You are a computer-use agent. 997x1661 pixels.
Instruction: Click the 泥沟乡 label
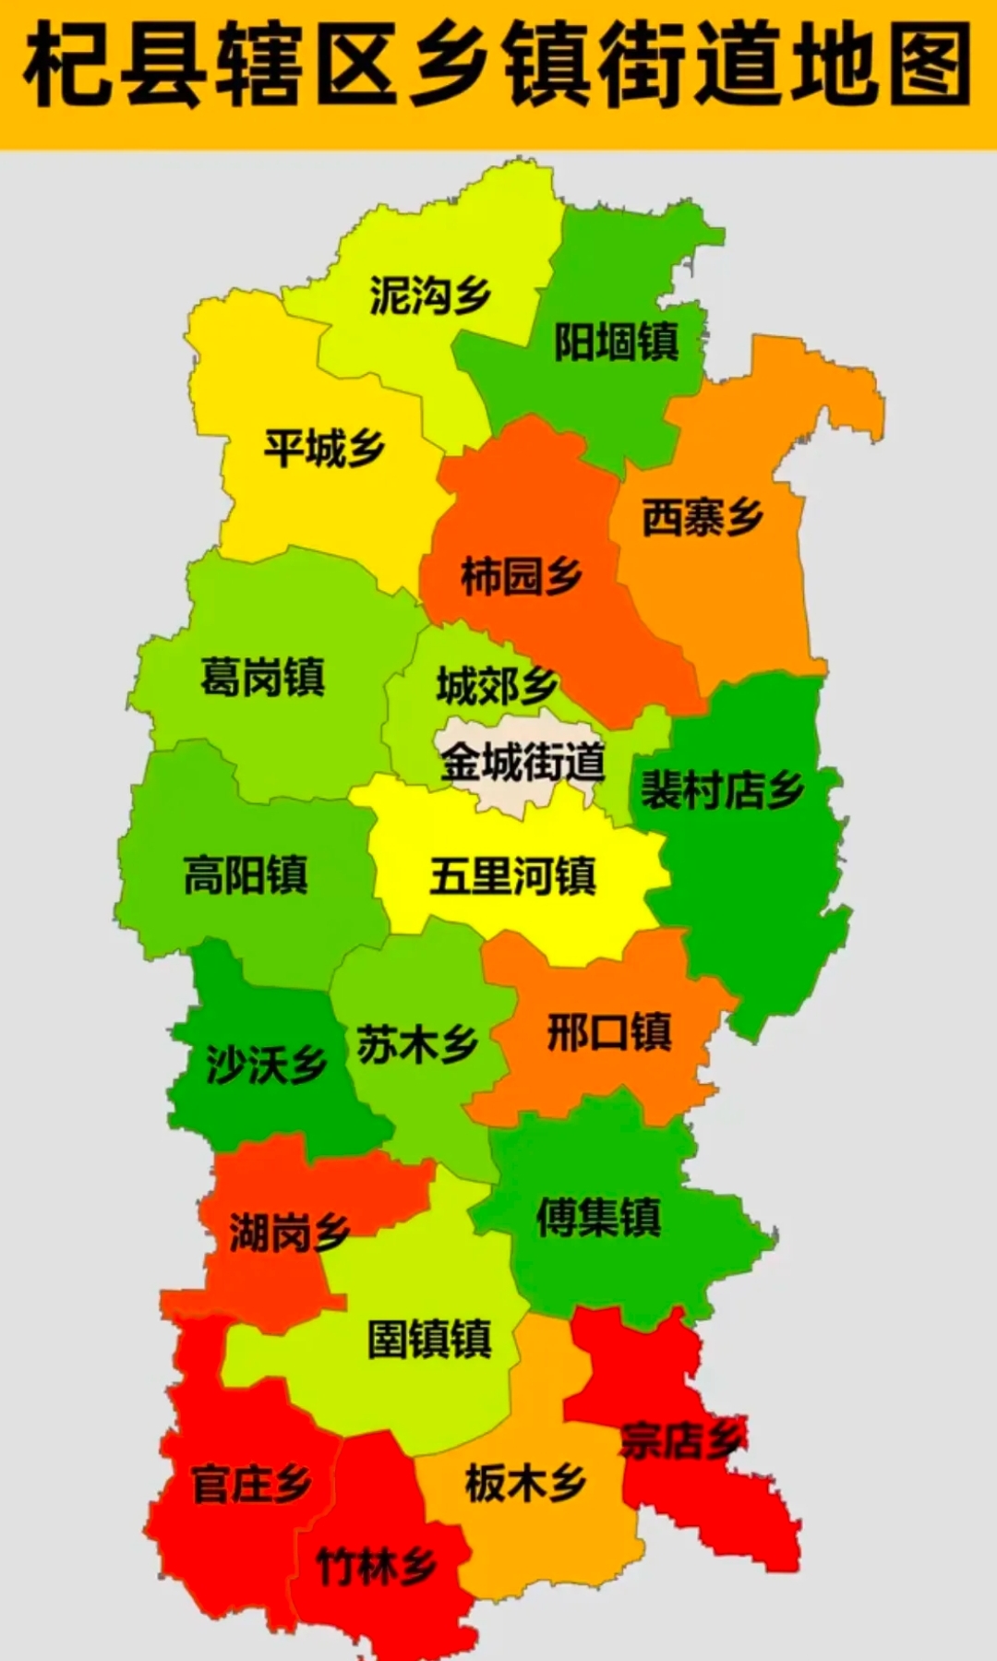pyautogui.click(x=430, y=295)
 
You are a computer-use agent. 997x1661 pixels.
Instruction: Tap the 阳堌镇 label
pyautogui.click(x=617, y=342)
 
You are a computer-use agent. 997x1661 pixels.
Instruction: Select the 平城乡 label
pyautogui.click(x=325, y=448)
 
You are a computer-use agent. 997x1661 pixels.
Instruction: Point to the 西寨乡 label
pyautogui.click(x=703, y=517)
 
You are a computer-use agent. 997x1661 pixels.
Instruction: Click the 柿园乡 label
pyautogui.click(x=522, y=576)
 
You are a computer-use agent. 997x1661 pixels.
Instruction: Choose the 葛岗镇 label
pyautogui.click(x=263, y=677)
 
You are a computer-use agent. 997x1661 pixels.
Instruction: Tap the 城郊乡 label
pyautogui.click(x=497, y=685)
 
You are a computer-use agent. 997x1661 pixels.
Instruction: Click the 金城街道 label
pyautogui.click(x=523, y=762)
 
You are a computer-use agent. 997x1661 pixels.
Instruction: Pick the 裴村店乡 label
pyautogui.click(x=723, y=789)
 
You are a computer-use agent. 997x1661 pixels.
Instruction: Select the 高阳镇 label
pyautogui.click(x=246, y=874)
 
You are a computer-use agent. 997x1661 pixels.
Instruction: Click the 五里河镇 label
pyautogui.click(x=513, y=875)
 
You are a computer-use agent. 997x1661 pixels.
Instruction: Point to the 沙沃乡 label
pyautogui.click(x=266, y=1065)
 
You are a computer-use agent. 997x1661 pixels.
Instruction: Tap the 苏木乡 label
pyautogui.click(x=417, y=1044)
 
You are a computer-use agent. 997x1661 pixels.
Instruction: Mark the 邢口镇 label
pyautogui.click(x=609, y=1031)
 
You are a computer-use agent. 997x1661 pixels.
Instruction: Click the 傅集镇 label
pyautogui.click(x=599, y=1216)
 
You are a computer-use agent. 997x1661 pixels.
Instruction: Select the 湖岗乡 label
pyautogui.click(x=289, y=1233)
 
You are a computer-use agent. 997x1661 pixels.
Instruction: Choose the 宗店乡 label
pyautogui.click(x=683, y=1439)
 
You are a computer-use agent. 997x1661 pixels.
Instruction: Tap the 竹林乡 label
pyautogui.click(x=377, y=1566)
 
